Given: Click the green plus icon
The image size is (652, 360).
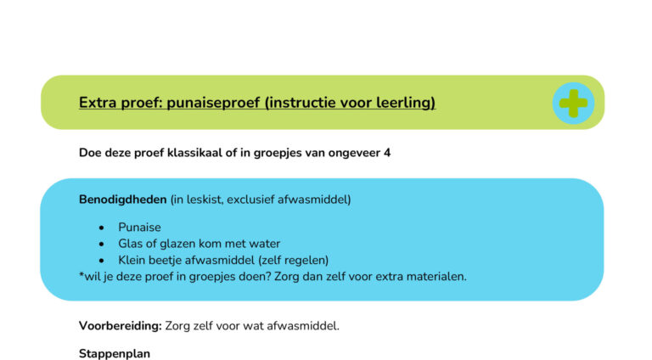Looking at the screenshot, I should (x=573, y=103).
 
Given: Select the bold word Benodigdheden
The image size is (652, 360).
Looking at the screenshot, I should (x=122, y=200).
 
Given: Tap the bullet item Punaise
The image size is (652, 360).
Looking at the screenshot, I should (x=139, y=228).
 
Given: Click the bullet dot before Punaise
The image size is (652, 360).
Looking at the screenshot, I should (x=102, y=228).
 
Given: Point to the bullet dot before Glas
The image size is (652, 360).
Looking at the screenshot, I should (x=102, y=245).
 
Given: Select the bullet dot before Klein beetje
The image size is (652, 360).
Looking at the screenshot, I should (x=102, y=261).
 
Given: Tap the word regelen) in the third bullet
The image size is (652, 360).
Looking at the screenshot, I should (x=304, y=260).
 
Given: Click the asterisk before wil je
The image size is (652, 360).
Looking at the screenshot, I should (x=81, y=275).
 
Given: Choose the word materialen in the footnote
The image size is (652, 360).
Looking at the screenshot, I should (x=431, y=276).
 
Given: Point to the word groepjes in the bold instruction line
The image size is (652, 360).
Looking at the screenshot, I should (x=294, y=154).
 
